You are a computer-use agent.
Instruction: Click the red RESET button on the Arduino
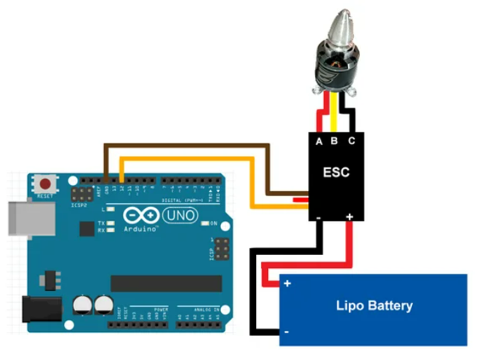coord(47,185)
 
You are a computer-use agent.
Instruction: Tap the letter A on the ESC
coord(319,142)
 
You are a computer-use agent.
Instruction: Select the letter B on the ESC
coord(335,141)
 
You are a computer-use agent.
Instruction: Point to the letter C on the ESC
coord(351,141)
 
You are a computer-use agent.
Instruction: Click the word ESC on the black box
coord(336,172)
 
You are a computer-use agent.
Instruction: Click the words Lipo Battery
coord(374,305)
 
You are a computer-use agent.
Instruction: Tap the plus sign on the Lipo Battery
coord(287,284)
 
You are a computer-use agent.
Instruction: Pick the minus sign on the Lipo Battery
coord(287,331)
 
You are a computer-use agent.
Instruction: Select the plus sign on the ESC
coord(350,217)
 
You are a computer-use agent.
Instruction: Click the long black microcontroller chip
coord(166,283)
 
